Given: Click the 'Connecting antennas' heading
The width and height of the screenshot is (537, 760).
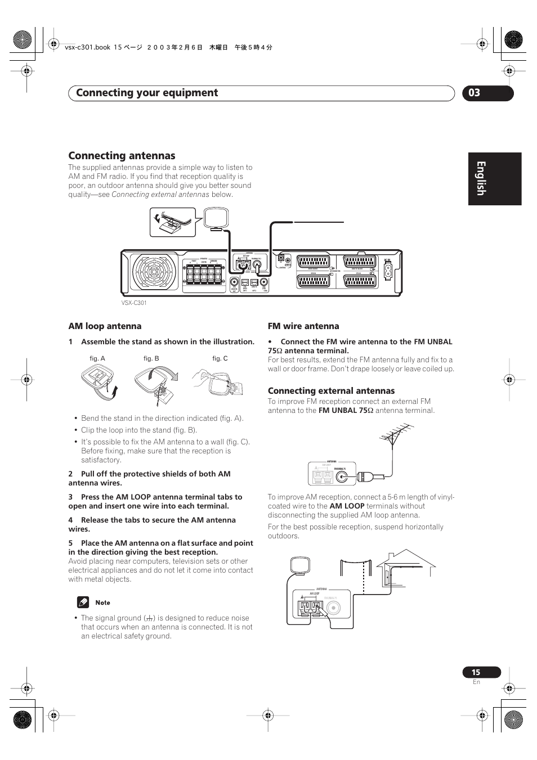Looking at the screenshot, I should pos(122,156).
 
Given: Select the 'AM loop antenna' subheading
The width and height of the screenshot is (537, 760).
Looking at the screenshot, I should pos(105,326).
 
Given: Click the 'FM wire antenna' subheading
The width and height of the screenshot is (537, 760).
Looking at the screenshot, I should pos(303,326).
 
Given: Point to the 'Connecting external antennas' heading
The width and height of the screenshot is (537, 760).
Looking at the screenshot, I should pos(331,391).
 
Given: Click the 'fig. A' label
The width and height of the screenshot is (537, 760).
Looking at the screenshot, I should pos(97,359).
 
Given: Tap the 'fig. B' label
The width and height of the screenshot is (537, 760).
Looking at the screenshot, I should pos(151,359).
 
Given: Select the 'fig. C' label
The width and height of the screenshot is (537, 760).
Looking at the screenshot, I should pos(220,359).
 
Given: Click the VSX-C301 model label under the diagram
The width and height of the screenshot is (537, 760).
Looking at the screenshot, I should pos(134,303).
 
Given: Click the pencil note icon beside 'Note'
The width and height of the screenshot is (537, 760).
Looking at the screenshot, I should pos(83,602).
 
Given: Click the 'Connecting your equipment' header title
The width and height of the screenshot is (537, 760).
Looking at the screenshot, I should pos(147,93).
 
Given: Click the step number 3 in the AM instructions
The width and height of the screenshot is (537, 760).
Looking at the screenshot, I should pos(71,497).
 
